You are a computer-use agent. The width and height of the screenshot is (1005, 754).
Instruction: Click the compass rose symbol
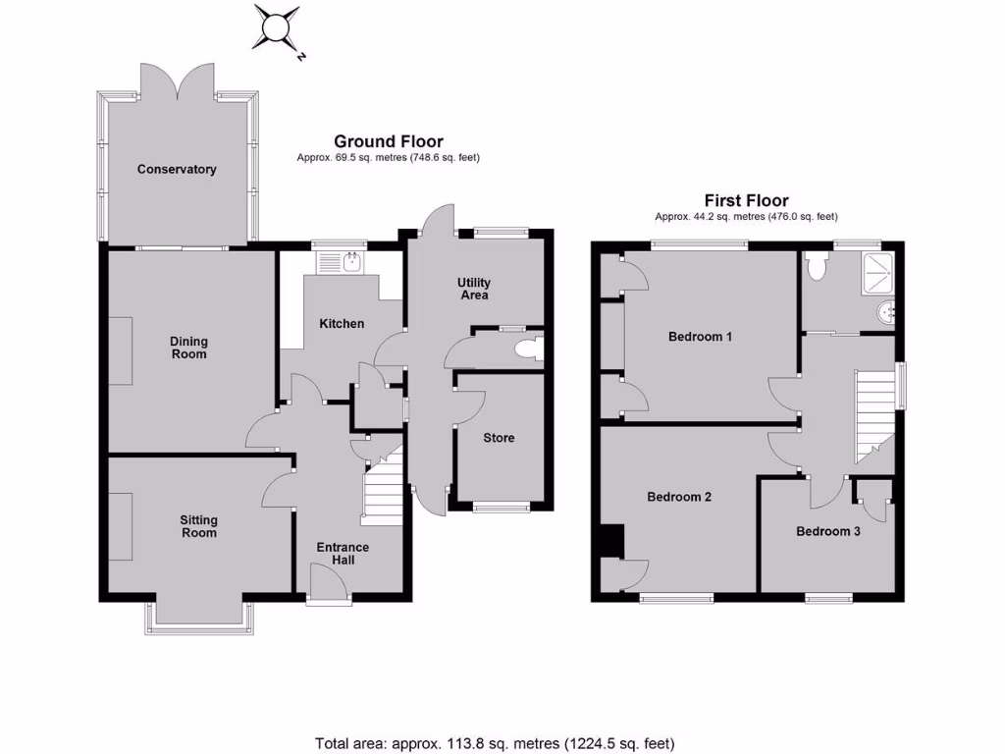(x=277, y=27)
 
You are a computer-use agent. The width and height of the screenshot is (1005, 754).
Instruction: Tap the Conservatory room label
(x=177, y=170)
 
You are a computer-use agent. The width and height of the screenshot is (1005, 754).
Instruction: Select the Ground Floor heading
(x=389, y=141)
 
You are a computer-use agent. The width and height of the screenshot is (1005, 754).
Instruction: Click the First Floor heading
(x=746, y=201)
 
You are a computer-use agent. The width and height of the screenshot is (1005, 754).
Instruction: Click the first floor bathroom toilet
(x=817, y=266)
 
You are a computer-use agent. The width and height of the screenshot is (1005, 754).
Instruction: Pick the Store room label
(x=499, y=438)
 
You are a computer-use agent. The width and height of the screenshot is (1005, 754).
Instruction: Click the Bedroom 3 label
(x=828, y=531)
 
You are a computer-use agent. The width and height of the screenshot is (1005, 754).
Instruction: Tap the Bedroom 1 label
(x=700, y=337)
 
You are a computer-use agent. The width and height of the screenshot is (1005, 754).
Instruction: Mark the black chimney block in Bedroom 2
(x=611, y=541)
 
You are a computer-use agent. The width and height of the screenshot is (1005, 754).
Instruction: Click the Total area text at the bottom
(x=495, y=743)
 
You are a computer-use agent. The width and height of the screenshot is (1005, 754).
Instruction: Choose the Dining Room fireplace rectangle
(x=120, y=351)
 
